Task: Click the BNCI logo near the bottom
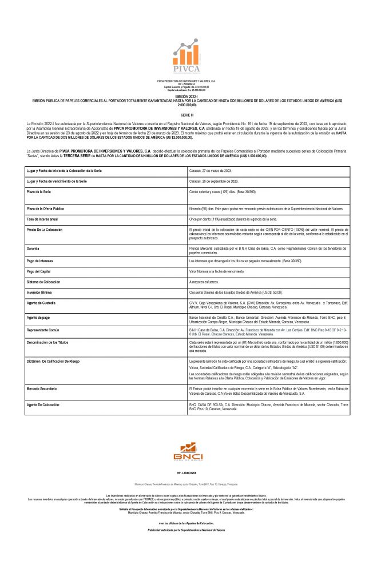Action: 186,456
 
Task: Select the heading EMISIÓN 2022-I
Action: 186,96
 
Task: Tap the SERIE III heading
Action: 186,114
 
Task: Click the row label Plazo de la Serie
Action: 39,192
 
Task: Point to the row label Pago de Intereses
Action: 40,261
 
